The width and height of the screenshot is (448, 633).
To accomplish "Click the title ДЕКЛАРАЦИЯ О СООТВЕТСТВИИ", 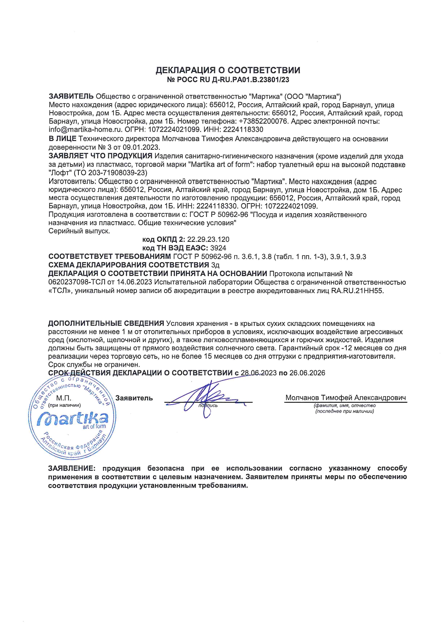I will pos(228,70).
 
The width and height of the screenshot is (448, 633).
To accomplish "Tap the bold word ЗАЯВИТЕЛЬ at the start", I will pos(71,96).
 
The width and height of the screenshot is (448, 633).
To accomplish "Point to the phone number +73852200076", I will pos(263,121).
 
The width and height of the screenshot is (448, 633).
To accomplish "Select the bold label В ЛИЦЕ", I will pos(63,139).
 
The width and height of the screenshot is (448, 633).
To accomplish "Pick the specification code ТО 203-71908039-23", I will pos(110,173).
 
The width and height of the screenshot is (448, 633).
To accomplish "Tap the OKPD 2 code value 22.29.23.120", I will pos(208,239).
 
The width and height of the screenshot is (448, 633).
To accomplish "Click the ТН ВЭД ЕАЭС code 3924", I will pos(218,248).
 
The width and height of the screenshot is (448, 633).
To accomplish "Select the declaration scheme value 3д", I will pos(215,265).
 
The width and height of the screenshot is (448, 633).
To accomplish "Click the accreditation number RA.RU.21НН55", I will pos(357,291).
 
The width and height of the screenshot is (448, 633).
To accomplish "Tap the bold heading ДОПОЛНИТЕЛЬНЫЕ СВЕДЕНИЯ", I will pos(106,323).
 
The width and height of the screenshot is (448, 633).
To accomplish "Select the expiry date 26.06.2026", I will pos(307,373).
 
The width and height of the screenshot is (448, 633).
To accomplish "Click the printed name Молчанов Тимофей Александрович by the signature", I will pos(345,398).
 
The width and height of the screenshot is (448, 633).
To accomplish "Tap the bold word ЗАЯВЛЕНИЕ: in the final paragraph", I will pos(72,468).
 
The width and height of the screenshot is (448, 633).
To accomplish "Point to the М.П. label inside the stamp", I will pos(64,398).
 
